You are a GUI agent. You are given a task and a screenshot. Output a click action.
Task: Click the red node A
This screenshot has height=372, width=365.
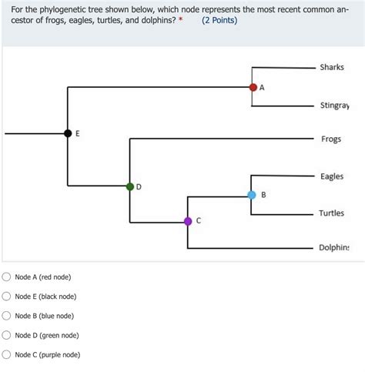point(253,87)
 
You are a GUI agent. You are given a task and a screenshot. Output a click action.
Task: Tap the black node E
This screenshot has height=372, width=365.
point(68,133)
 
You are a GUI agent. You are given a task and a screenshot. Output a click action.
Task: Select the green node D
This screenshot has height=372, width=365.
point(130,186)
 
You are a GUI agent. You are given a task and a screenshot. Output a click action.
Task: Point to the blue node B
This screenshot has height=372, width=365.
point(252,195)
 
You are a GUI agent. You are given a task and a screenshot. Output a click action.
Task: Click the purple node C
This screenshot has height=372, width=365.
point(188,221)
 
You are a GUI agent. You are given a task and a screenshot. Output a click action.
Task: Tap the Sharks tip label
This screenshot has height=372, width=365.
point(332,68)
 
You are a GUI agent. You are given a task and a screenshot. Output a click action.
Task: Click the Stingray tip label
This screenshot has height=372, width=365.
point(334,106)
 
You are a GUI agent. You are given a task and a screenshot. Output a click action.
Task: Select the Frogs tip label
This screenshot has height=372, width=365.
point(331,139)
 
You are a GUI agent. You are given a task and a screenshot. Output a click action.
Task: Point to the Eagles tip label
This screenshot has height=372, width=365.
point(332,176)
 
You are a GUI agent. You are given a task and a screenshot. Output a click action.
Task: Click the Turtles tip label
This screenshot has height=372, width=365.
point(332,213)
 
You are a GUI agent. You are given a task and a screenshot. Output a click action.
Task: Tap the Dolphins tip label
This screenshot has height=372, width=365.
point(334,248)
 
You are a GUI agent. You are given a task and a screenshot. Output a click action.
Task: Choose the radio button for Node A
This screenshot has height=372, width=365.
point(7,276)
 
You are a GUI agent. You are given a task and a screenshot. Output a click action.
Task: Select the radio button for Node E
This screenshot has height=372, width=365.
point(7,297)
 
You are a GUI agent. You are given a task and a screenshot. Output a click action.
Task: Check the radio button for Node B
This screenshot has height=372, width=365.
point(7,316)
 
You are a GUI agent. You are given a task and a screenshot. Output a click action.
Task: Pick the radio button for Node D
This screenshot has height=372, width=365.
point(7,335)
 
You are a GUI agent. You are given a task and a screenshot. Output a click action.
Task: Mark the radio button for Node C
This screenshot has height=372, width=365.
point(7,355)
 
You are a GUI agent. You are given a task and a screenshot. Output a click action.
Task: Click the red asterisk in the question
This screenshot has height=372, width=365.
point(180,18)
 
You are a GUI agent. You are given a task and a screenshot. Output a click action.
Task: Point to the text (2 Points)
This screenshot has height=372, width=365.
point(219,19)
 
